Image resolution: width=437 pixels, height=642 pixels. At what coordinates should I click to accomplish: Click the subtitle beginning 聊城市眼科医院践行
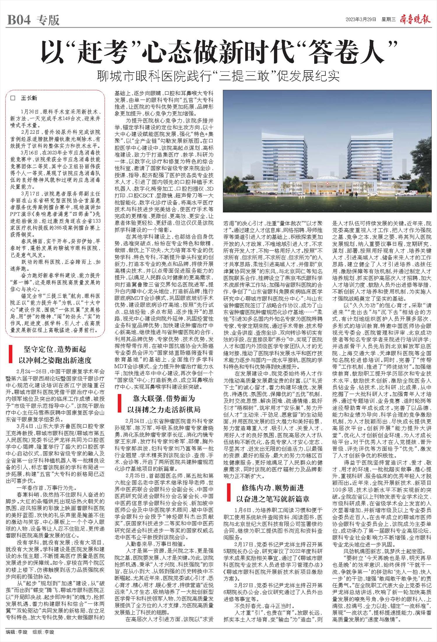click(218, 76)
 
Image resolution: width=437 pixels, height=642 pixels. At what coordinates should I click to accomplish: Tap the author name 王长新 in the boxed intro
click(29, 98)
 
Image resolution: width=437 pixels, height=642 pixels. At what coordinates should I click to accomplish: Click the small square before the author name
click(13, 98)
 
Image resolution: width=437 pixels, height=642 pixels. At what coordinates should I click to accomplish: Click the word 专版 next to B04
click(48, 20)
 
